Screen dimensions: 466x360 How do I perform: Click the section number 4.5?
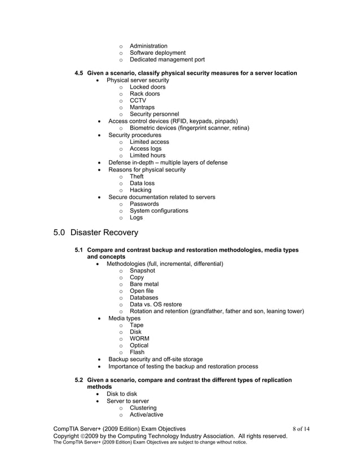(x=80, y=73)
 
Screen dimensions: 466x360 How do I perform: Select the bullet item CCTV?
(x=138, y=101)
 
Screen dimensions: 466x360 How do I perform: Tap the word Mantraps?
(x=142, y=108)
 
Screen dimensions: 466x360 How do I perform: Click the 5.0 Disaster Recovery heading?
(x=95, y=232)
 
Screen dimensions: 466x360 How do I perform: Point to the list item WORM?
(x=139, y=338)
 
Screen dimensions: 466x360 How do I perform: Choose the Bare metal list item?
(x=144, y=284)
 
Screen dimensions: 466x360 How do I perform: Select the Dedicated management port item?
(x=167, y=60)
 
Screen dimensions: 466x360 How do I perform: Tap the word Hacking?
(x=141, y=190)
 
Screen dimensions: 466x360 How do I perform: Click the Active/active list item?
(x=147, y=415)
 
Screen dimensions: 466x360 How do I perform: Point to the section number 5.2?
(x=80, y=380)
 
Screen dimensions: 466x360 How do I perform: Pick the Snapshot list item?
(x=142, y=270)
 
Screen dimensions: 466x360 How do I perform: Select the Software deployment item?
(x=157, y=53)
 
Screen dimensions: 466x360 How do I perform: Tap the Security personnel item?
(x=154, y=115)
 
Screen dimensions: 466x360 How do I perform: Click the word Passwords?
(x=144, y=204)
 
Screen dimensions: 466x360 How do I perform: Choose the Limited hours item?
(x=147, y=156)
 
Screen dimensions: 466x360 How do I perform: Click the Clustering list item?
(x=143, y=408)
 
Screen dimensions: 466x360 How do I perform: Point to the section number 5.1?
(x=80, y=250)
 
